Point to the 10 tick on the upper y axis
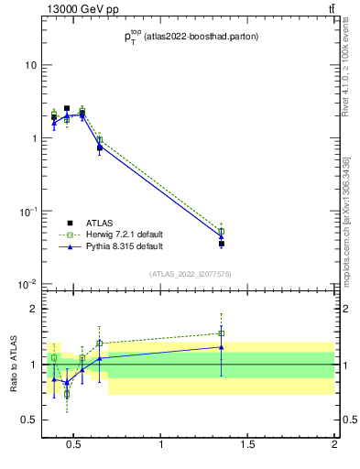tap(29, 65)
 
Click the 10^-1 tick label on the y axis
tap(27, 212)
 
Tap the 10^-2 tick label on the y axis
tap(27, 285)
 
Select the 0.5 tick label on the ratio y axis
tap(29, 420)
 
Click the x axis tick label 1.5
tap(247, 445)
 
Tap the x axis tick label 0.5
tap(75, 445)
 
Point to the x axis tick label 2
tap(333, 445)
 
